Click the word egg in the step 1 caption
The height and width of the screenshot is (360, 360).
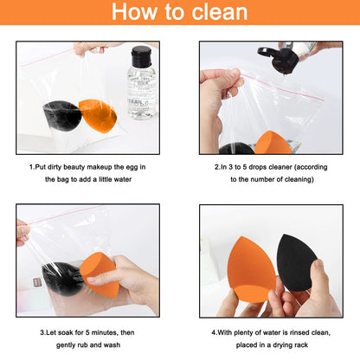pyautogui.click(x=131, y=167)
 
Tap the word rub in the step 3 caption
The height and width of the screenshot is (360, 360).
pyautogui.click(x=85, y=345)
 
